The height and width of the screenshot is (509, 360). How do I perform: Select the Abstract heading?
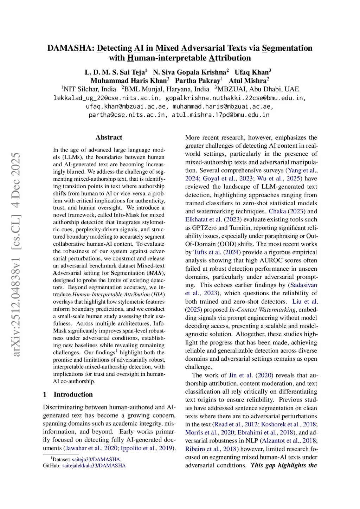pyautogui.click(x=109, y=137)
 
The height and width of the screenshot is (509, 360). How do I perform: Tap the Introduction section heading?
pyautogui.click(x=73, y=394)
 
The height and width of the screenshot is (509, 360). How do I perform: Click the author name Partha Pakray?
pyautogui.click(x=198, y=80)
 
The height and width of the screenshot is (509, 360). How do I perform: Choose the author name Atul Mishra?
pyautogui.click(x=247, y=80)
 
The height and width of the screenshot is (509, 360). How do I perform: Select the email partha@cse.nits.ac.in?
pyautogui.click(x=127, y=115)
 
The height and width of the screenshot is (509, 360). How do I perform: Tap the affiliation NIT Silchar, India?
pyautogui.click(x=90, y=89)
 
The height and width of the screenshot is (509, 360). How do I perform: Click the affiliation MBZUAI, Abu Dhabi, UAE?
pyautogui.click(x=258, y=89)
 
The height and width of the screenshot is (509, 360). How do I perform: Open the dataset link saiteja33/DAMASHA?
pyautogui.click(x=96, y=459)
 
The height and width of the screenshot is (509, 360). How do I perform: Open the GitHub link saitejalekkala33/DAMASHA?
pyautogui.click(x=94, y=466)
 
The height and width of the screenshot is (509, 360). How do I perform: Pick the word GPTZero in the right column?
pyautogui.click(x=204, y=228)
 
